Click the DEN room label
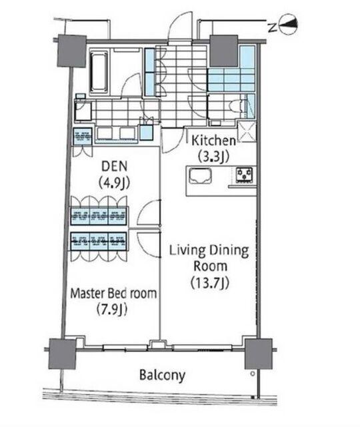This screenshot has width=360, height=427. (x=114, y=166)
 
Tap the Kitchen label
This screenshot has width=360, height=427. (x=213, y=141)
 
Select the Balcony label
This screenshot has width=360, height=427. (x=162, y=375)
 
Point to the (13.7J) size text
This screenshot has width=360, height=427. (x=209, y=283)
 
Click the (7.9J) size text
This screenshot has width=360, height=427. (x=112, y=309)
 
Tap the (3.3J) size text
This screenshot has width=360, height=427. (x=213, y=156)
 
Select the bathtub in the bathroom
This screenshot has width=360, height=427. (x=99, y=72)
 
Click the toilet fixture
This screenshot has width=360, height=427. (x=237, y=105)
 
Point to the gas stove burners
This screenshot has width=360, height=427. (x=245, y=175)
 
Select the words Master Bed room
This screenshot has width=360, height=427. (x=113, y=294)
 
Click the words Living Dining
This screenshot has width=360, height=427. (x=209, y=250)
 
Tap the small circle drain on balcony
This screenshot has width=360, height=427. (x=253, y=374)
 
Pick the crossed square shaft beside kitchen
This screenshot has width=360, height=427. (x=247, y=132)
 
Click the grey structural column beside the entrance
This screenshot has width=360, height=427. (x=224, y=51)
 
